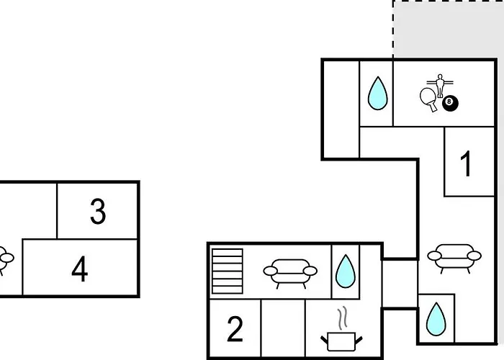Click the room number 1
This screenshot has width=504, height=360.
click(x=466, y=163)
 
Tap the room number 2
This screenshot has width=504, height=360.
click(x=235, y=329)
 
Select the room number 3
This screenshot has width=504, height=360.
click(x=98, y=211)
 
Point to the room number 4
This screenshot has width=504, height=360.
click(x=79, y=269)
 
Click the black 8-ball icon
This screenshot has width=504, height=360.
click(x=450, y=104)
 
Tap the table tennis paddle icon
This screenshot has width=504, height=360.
click(x=429, y=99)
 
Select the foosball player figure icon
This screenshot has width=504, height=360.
click(x=440, y=86)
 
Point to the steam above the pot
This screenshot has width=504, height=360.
click(x=343, y=318)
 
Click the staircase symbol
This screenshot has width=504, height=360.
click(x=228, y=271)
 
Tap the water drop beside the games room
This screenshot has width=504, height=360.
click(x=377, y=93)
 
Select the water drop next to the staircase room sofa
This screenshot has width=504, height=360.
click(x=345, y=271)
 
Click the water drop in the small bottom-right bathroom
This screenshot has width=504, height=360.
click(x=436, y=319)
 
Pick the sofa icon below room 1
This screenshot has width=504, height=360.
click(x=454, y=258)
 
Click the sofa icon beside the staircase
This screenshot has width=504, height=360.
click(x=290, y=273)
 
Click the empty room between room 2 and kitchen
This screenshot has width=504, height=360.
click(x=283, y=328)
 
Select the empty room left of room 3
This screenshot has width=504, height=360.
click(x=28, y=210)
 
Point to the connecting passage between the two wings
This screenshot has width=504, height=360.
click(x=400, y=284)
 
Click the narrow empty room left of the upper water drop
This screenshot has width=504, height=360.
click(x=341, y=109)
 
